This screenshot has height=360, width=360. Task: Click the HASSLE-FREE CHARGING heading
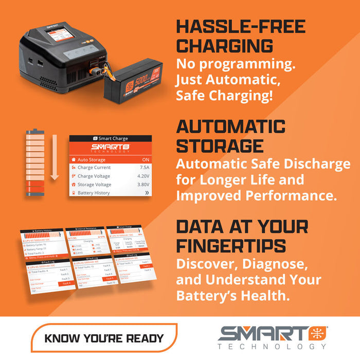coord(241,36)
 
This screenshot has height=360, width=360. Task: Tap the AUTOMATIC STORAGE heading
coord(231,136)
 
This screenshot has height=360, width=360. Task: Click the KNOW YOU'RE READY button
coord(104,338)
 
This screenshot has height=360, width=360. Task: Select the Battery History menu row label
coord(94,193)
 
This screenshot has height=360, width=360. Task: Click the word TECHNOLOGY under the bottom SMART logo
coord(273,347)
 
